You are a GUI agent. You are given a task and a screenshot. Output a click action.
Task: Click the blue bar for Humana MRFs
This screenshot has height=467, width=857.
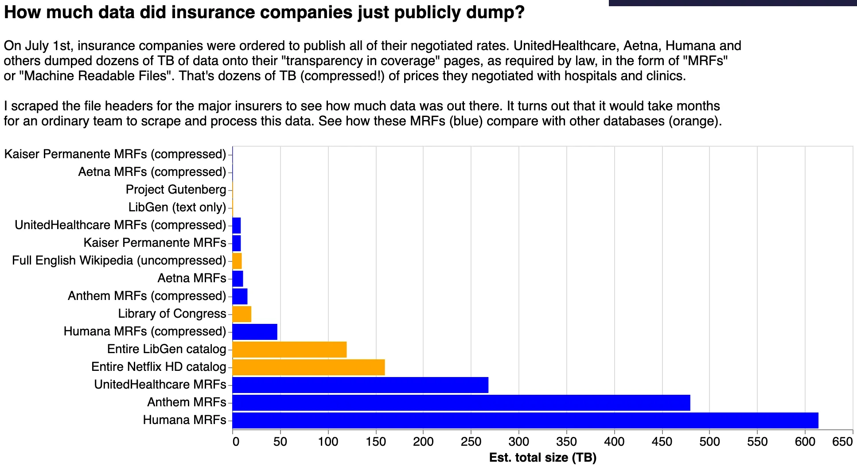coord(525,420)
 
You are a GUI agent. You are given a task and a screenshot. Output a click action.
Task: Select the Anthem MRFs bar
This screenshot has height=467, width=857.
coord(461,402)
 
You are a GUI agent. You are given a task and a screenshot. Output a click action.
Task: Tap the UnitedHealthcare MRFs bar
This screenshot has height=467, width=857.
coord(360,385)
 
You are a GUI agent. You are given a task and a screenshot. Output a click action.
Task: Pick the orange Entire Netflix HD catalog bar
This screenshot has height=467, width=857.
coord(308,367)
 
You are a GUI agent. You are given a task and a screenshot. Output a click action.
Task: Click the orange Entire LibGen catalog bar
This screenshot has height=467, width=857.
coord(289,349)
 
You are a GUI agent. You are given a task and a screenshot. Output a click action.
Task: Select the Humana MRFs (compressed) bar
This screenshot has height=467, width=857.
coord(255,331)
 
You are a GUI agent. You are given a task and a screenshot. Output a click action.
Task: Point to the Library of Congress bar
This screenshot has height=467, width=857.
coord(242,314)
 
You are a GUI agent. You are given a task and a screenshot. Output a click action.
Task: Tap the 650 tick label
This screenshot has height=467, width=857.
coord(843,441)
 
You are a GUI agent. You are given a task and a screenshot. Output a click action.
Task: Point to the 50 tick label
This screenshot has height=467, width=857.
coord(280,441)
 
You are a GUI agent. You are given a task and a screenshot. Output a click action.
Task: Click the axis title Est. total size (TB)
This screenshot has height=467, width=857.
coord(542,457)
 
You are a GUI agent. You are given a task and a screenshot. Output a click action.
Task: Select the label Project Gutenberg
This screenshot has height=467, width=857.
coord(176,190)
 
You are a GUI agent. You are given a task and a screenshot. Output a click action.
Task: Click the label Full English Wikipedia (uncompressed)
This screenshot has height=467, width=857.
coord(119,261)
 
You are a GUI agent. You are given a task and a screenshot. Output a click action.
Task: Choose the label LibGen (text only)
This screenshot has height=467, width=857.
coord(177,207)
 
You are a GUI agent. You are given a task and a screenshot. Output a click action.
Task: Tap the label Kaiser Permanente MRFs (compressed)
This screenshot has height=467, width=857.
coord(115,154)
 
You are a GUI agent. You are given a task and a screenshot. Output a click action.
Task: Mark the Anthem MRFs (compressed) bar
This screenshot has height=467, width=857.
coord(240,296)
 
